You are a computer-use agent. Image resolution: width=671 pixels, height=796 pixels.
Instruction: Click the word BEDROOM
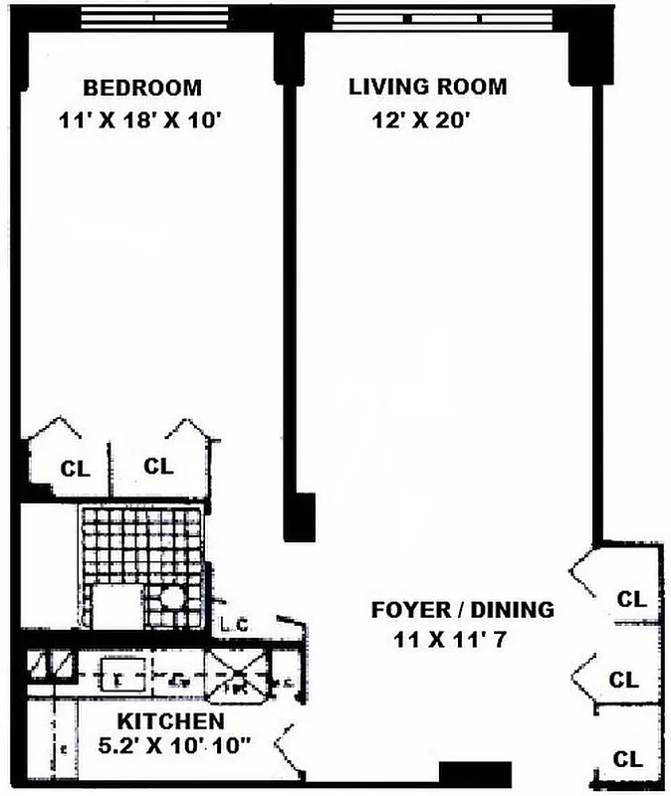click(141, 88)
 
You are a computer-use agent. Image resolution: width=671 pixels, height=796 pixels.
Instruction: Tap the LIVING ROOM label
click(427, 87)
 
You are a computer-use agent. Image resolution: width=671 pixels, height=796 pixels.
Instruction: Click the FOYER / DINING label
click(462, 609)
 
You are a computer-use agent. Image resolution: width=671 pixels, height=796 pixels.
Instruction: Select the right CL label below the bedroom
click(158, 465)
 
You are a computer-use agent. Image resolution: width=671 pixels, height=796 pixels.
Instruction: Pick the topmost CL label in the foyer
click(631, 599)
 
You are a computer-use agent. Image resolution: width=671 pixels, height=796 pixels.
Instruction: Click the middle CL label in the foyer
click(624, 681)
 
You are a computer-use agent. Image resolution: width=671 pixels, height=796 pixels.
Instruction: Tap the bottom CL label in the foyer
click(628, 759)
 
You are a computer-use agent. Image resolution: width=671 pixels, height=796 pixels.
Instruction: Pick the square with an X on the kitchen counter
click(237, 676)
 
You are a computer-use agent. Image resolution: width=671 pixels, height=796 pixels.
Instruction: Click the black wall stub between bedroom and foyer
click(299, 516)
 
